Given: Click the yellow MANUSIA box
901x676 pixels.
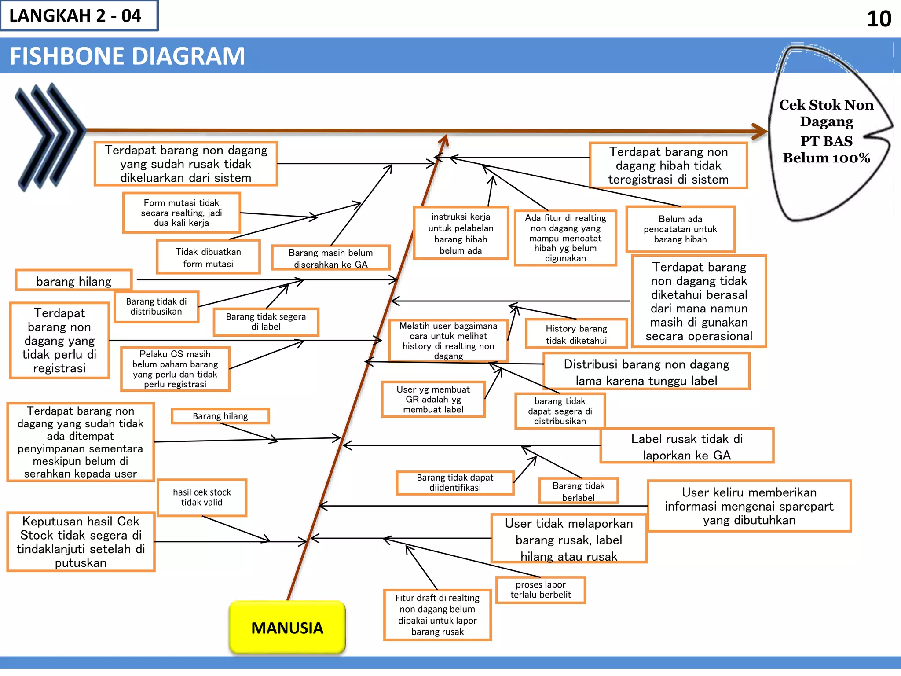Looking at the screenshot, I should (x=287, y=627).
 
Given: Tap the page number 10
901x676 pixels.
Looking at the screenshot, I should (x=879, y=19).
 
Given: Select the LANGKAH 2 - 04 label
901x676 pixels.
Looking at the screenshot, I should (x=76, y=16).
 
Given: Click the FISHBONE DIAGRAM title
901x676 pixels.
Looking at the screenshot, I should (x=127, y=56).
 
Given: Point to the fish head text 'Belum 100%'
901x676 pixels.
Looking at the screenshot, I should (x=826, y=158).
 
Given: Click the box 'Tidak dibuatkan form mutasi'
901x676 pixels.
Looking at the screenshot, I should (x=208, y=257).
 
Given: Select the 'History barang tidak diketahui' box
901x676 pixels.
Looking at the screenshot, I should (x=576, y=334).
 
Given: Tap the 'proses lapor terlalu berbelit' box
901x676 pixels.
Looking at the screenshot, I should (x=541, y=590).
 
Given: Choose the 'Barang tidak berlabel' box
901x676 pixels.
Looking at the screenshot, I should (x=579, y=491).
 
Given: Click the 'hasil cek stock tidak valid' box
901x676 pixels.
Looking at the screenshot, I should (x=202, y=497).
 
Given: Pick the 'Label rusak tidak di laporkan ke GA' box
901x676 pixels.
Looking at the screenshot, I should (x=686, y=446).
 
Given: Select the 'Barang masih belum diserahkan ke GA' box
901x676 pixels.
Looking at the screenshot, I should (x=330, y=258).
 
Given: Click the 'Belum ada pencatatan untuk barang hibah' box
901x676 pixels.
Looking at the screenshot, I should (x=680, y=229).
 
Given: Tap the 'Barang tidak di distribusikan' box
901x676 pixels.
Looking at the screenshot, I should (x=156, y=306).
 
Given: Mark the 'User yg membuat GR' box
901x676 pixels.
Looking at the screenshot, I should (x=433, y=399).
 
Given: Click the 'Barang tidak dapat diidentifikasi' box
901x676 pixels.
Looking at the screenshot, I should (x=455, y=482).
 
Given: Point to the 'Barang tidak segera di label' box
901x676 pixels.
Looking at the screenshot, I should (x=266, y=322).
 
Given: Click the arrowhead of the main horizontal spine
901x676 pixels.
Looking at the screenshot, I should (x=760, y=131).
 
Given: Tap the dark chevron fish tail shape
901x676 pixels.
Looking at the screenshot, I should (x=48, y=136).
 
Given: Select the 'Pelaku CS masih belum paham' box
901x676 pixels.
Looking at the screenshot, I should (x=175, y=369).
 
